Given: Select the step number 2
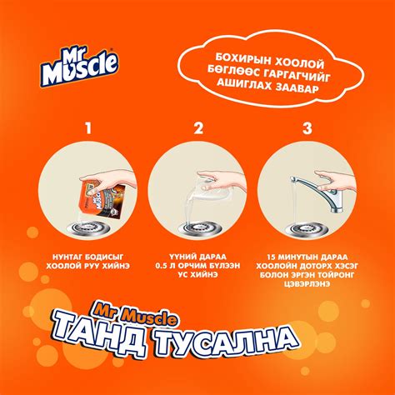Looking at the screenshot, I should [198, 127].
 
